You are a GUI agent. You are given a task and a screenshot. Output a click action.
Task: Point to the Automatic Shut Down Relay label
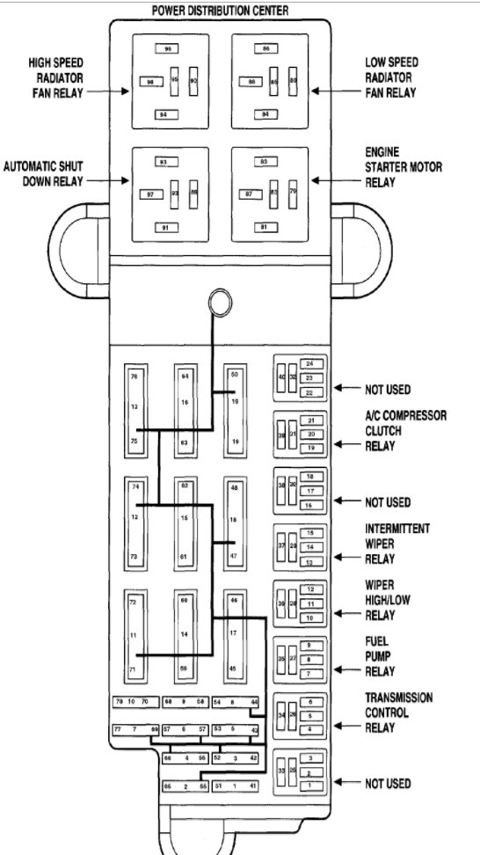click(x=44, y=173)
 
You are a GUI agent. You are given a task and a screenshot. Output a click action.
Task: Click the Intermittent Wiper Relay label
click(x=398, y=543)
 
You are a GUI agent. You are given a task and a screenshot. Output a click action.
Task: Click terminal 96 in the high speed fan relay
click(x=168, y=49)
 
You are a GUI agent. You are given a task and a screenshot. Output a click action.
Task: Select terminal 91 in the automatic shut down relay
click(x=163, y=228)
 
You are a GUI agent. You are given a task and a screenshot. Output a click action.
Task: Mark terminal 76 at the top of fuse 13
click(x=135, y=376)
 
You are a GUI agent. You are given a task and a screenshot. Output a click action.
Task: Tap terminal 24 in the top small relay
click(x=309, y=363)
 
